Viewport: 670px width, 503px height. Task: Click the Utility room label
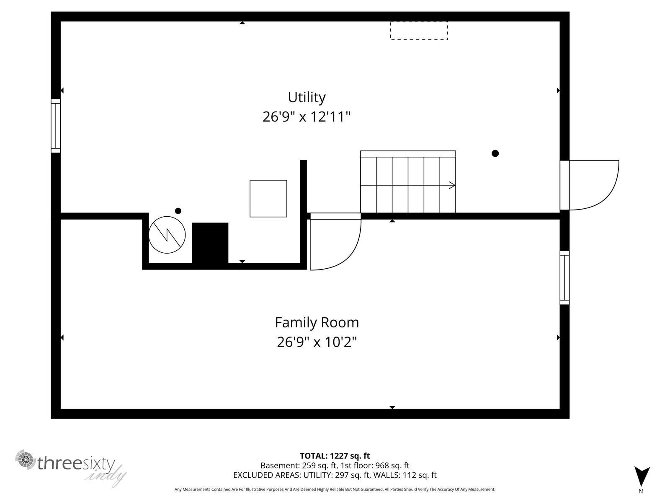coord(307,97)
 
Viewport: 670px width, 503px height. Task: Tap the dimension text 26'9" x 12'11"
coord(306,117)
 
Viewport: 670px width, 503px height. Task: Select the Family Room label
coord(317,322)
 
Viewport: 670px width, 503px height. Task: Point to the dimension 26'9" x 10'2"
coord(317,342)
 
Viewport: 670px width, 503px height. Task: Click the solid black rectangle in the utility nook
coord(210,243)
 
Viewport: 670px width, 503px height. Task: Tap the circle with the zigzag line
coord(167,235)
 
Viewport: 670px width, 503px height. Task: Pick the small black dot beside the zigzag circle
coord(178,211)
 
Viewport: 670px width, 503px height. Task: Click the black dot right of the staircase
coord(495,153)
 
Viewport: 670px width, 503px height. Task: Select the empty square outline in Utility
coord(268,199)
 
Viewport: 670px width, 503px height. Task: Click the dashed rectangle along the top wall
coord(419,31)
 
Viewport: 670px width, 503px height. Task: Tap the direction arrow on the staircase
coord(451,185)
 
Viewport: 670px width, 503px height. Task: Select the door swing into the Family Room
coord(334,243)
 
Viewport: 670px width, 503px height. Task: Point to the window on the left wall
coord(56,126)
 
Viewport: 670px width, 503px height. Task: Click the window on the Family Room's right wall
coord(564,277)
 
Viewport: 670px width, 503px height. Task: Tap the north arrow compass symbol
coord(642,478)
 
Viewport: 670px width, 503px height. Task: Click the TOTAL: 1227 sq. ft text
coord(335,456)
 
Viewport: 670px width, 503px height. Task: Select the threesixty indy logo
coord(71,467)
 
